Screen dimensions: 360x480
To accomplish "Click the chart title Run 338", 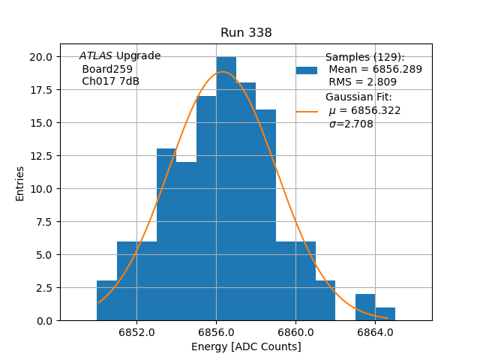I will pos(246,33).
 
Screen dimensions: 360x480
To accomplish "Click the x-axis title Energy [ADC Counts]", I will pos(246,346).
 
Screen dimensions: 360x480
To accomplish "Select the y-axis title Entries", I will pos(20,183).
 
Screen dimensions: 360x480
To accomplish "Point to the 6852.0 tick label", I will pos(136,332).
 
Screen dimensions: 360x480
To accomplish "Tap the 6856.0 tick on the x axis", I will pos(216,332).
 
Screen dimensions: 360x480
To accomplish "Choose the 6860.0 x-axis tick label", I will pos(295,332).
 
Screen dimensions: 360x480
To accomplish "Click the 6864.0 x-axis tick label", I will pos(375,332).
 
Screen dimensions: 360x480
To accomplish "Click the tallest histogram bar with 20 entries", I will pos(226,187).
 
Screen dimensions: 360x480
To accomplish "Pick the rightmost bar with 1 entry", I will pos(385,314).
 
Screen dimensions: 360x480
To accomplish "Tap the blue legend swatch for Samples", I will pos(307,70).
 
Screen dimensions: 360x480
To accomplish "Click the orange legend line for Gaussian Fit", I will pos(307,111).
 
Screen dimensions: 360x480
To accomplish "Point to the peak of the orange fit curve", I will pos(223,72).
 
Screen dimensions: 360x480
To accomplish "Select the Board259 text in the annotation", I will pos(107,69).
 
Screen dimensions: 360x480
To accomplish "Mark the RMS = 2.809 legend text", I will pos(363,82).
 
